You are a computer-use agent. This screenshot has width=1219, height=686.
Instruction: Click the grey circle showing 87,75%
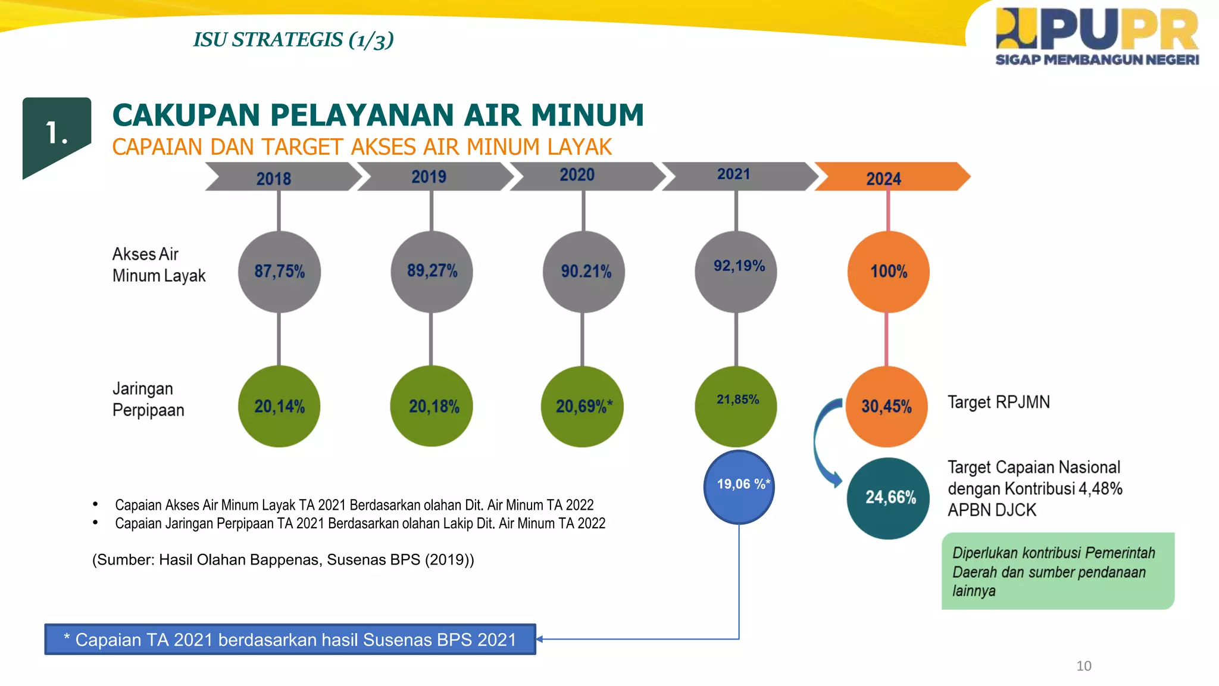pos(279,272)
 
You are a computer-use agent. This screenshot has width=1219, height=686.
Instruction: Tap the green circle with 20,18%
pos(432,406)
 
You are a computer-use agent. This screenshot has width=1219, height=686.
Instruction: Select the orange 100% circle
pos(888,272)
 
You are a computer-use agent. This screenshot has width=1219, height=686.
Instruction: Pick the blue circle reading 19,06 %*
pos(739,487)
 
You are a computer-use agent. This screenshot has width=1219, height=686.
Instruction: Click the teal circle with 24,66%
pos(888,498)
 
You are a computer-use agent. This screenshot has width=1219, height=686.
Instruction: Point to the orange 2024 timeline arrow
pos(891,177)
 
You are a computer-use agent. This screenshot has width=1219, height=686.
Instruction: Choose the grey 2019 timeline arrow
pos(434,177)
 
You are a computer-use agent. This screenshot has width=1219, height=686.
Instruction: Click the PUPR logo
pos(1096,36)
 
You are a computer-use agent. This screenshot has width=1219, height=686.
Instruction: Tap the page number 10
pos(1083,666)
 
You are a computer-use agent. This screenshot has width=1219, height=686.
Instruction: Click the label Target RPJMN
pos(998,403)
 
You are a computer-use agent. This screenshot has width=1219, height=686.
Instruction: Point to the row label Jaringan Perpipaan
pos(148,399)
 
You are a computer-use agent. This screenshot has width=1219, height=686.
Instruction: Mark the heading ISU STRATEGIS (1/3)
pos(293,40)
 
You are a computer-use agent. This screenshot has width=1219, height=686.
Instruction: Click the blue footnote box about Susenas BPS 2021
pos(290,640)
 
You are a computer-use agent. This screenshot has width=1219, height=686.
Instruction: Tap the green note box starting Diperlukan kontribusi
pos(1057,571)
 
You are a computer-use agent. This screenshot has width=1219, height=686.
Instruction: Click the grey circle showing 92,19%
pos(736,272)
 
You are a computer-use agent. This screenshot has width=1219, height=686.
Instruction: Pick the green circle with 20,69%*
pos(582,406)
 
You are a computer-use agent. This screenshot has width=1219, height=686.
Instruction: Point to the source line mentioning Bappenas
pos(283,560)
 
